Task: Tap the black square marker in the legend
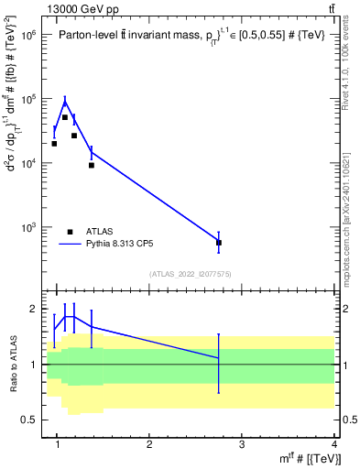(x=71, y=232)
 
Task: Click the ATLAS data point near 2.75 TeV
(x=219, y=243)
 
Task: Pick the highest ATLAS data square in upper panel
(x=65, y=117)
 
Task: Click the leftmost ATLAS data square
(x=54, y=143)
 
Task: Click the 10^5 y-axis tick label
(x=28, y=99)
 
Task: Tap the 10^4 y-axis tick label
(x=28, y=163)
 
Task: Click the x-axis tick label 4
(x=334, y=445)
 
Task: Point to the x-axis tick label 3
(x=242, y=445)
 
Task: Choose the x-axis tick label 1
(x=58, y=445)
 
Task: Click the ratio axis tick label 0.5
(x=29, y=420)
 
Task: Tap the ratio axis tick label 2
(x=33, y=310)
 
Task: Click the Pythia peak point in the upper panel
(x=65, y=100)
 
